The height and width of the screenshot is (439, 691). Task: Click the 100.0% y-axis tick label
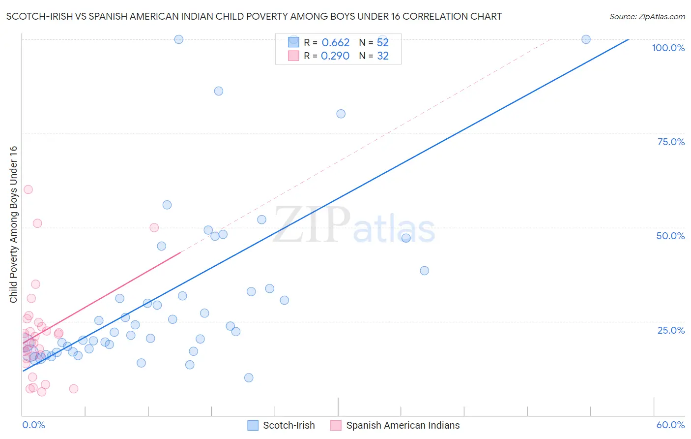click(668, 48)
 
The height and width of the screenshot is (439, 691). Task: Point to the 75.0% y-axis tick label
click(671, 142)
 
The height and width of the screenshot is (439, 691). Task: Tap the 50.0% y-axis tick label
click(670, 236)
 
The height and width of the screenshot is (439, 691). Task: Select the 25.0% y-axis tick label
click(671, 330)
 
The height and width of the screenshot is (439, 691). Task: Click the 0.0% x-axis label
click(33, 425)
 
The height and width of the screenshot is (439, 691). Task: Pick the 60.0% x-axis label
click(670, 425)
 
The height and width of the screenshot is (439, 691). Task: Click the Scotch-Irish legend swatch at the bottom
click(253, 425)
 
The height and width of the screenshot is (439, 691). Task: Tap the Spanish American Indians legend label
click(403, 425)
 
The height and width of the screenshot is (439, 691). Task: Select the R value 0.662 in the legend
click(335, 43)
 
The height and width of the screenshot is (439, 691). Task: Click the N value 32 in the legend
click(383, 56)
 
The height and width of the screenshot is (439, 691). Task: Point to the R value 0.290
click(335, 56)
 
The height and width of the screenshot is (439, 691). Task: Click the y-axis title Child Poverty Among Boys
click(14, 224)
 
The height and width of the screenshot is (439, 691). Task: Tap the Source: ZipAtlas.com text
click(647, 17)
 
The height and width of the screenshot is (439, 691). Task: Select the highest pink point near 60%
click(28, 189)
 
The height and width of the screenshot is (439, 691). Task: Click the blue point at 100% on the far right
click(586, 39)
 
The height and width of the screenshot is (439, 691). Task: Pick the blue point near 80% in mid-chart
click(341, 114)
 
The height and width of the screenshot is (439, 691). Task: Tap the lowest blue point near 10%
click(249, 377)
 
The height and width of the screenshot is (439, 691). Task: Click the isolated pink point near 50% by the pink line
click(154, 227)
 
